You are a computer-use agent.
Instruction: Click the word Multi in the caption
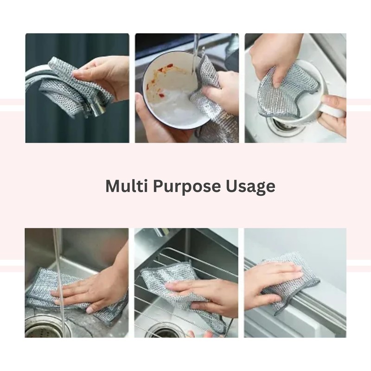click(x=123, y=186)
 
